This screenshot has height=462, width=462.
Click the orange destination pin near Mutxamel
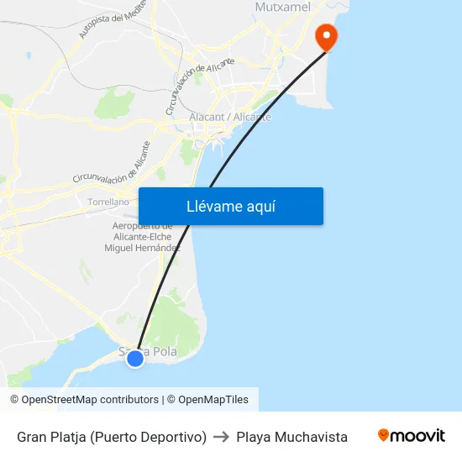(x=324, y=37)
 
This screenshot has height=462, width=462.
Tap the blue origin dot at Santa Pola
(x=134, y=359)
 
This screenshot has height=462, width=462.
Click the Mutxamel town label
(x=282, y=8)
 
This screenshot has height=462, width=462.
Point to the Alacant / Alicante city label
(x=230, y=117)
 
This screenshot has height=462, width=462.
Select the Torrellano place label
(x=108, y=202)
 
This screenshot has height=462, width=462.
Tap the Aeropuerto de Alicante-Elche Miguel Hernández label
(x=142, y=237)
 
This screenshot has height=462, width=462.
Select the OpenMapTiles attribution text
(x=213, y=400)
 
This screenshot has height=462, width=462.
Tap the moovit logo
(x=412, y=436)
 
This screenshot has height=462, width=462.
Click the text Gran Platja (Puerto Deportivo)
(x=112, y=437)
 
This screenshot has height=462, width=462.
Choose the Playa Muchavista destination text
(x=291, y=437)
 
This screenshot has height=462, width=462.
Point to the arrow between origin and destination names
(x=222, y=437)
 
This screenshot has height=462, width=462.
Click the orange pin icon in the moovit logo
(x=384, y=435)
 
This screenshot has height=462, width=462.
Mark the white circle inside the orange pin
(x=324, y=34)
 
